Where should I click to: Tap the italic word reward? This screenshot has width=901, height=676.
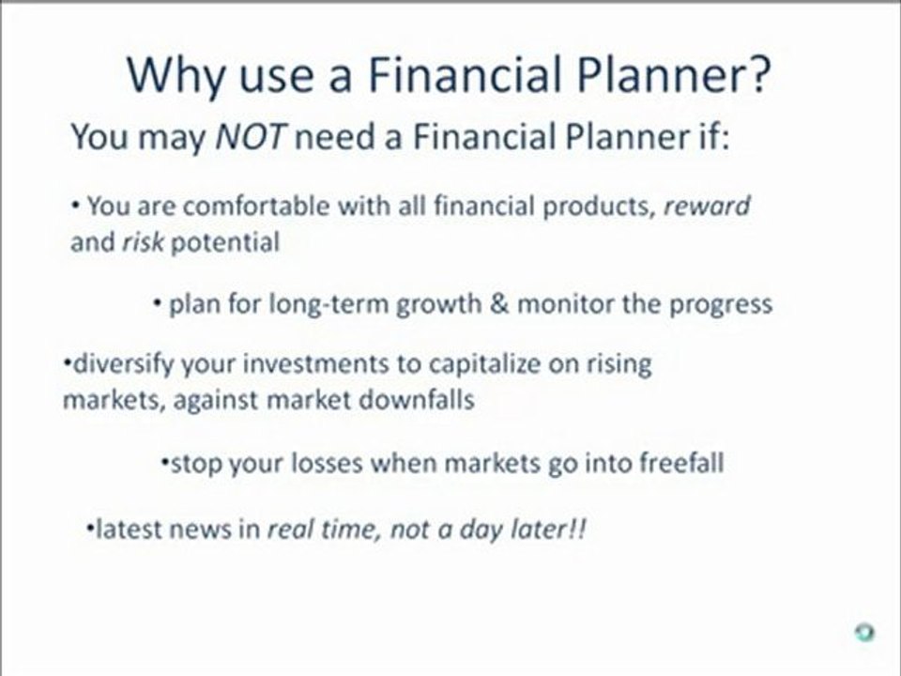click(707, 206)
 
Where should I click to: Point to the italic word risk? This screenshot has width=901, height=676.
click(143, 241)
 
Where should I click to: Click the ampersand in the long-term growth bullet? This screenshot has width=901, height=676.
click(499, 303)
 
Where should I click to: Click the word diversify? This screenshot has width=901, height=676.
click(123, 364)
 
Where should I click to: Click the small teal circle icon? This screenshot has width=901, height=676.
click(864, 632)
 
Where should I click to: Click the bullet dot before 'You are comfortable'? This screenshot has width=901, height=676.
click(75, 205)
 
